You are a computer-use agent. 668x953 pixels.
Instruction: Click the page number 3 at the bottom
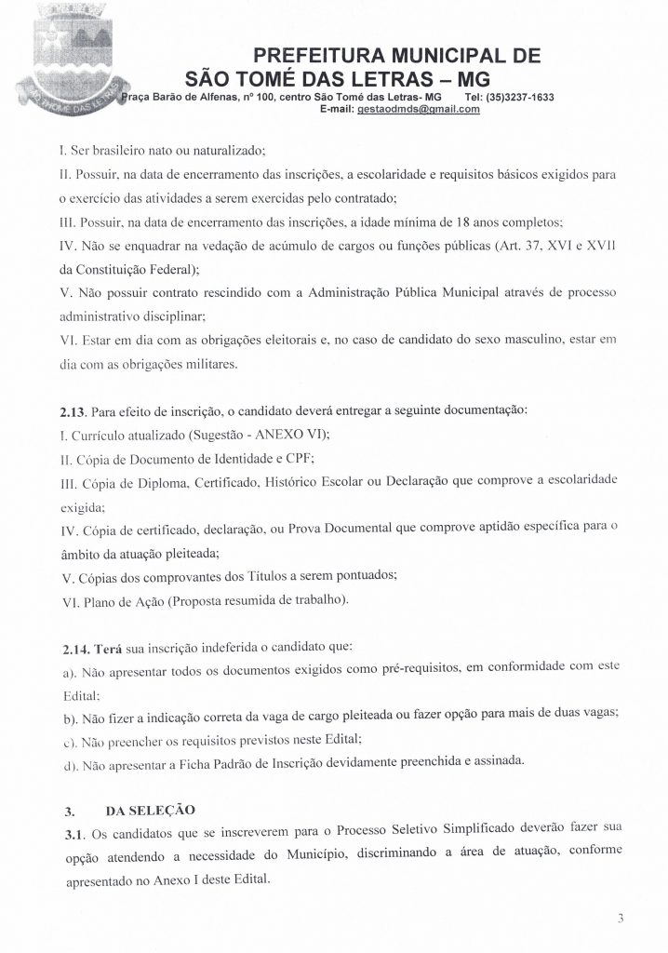pos(620,919)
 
